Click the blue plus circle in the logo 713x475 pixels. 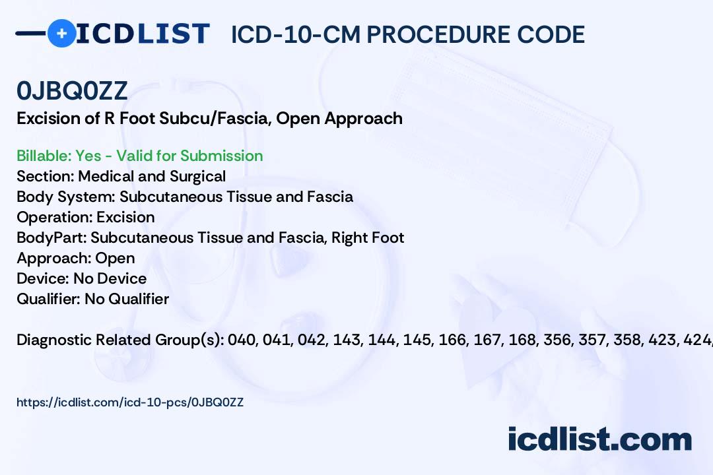pos(62,33)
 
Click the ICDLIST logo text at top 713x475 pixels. pos(143,34)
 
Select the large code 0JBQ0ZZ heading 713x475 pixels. pos(72,91)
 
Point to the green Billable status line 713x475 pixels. pos(139,156)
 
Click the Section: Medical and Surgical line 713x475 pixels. pos(121,176)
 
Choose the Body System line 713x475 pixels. pos(184,197)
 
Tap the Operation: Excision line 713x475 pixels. pos(85,217)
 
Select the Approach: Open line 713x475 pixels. pos(75,258)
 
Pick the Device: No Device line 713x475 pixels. pos(81,278)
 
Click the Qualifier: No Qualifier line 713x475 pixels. pos(92,299)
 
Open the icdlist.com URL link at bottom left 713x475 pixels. pos(130,402)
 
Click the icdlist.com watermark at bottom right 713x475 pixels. pos(599,439)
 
